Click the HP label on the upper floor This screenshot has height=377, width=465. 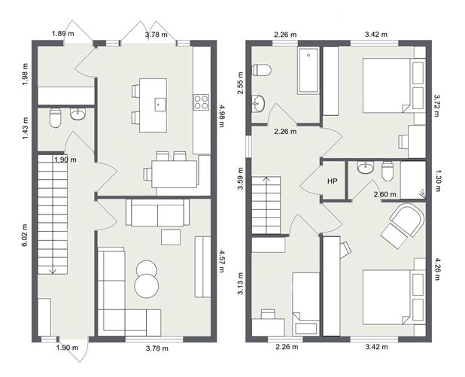point(332,181)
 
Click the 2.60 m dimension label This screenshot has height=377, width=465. point(386,194)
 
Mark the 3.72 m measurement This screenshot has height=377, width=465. point(437,106)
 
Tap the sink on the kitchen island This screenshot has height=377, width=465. point(159,105)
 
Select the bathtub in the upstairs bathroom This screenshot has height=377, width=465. point(308,72)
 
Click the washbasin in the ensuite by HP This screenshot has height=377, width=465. point(366,168)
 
